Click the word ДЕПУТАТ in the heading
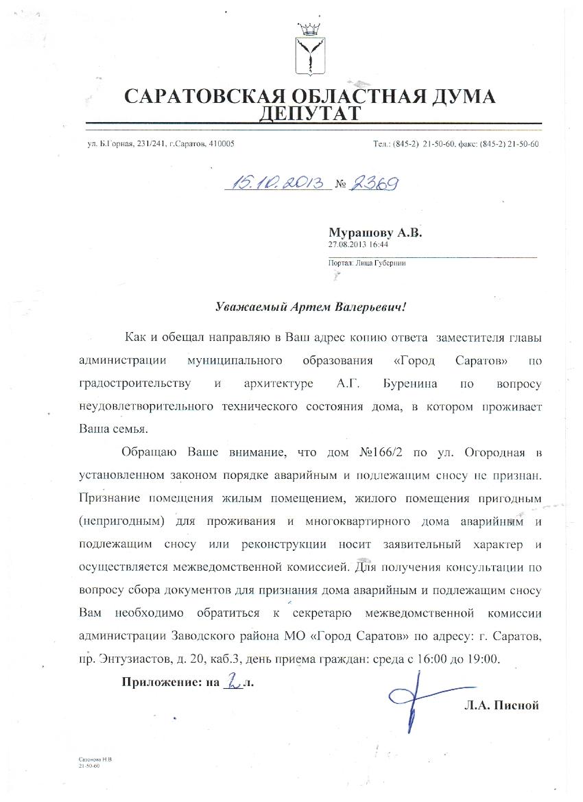point(309,113)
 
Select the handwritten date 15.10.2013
point(278,183)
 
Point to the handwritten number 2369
point(374,183)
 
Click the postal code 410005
point(221,144)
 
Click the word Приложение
point(156,682)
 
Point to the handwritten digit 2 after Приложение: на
point(233,681)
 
